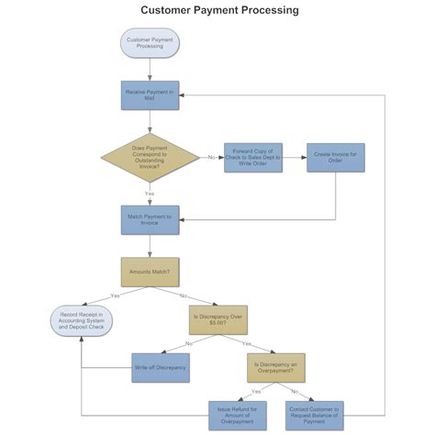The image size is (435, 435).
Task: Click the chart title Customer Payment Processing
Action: coord(218,10)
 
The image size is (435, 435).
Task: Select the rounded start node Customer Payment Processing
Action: coord(150,42)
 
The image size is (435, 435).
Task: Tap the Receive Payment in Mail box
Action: coord(150,95)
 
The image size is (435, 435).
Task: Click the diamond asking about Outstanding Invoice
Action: coord(150,157)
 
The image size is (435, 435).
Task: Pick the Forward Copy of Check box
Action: coord(252,157)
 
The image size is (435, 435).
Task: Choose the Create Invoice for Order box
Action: coord(335,157)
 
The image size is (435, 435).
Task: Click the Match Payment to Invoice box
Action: coord(150,219)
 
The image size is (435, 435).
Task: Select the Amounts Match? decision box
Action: coord(150,272)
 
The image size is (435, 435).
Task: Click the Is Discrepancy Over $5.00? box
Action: coord(218,319)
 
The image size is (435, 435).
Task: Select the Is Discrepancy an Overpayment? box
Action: coord(276,367)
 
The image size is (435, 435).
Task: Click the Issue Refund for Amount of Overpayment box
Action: coord(237,415)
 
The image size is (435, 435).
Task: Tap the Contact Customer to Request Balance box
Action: coord(314,415)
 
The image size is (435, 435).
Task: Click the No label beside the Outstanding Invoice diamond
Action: coord(211,157)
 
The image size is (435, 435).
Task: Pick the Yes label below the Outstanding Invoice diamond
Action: coord(150,194)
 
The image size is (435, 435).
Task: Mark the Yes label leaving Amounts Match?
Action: coord(114,296)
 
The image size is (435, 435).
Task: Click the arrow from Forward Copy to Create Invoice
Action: coord(294,157)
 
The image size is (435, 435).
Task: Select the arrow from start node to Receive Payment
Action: coord(150,69)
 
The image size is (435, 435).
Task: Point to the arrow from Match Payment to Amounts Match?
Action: coord(150,246)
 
